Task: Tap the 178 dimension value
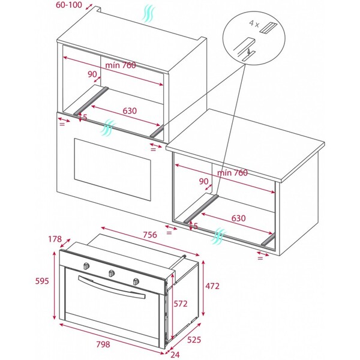tap(55, 239)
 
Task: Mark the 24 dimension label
tap(175, 354)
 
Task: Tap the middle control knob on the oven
tap(112, 274)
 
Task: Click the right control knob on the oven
tap(136, 281)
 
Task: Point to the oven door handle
tap(113, 289)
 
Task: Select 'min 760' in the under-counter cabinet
tap(233, 173)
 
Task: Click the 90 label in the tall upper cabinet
tap(92, 74)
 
